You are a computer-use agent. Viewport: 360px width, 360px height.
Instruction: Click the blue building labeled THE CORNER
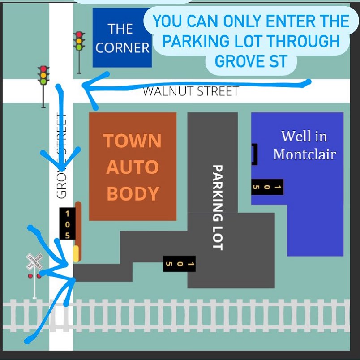(122, 38)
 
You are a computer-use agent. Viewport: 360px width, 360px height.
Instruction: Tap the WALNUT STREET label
(190, 91)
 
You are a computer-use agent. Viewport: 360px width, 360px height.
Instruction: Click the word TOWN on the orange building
(133, 141)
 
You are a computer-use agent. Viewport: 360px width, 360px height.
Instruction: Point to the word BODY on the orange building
(133, 193)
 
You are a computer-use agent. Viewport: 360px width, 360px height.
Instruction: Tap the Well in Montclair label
(304, 145)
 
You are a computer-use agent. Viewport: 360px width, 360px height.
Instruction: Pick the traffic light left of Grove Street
(43, 76)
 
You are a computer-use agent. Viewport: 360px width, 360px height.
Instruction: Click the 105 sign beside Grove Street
(67, 223)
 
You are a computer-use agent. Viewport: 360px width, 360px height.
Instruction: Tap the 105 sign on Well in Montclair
(267, 187)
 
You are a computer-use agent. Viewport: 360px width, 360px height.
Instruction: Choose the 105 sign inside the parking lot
(179, 264)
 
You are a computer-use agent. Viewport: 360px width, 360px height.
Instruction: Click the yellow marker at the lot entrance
(76, 253)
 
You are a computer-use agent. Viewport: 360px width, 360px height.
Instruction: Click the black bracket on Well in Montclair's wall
(254, 154)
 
